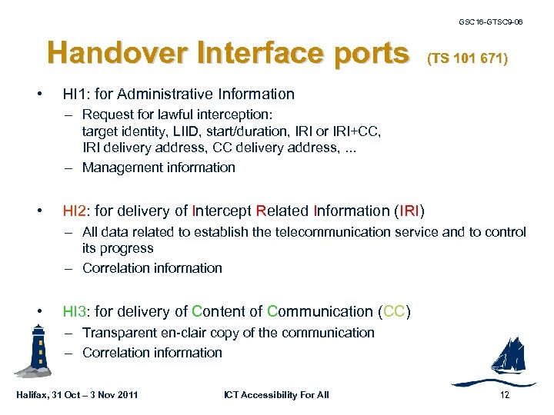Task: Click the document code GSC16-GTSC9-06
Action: click(x=490, y=22)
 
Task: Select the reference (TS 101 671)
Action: click(x=467, y=58)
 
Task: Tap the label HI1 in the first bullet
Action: click(x=76, y=95)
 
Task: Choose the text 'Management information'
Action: click(x=159, y=168)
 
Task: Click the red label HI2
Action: click(x=76, y=211)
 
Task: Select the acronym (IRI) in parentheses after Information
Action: click(x=408, y=211)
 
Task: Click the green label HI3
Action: click(x=76, y=311)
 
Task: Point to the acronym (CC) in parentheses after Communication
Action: click(x=393, y=311)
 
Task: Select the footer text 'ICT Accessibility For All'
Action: click(x=276, y=395)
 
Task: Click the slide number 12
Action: click(x=505, y=395)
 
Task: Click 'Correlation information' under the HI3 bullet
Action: click(x=152, y=353)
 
